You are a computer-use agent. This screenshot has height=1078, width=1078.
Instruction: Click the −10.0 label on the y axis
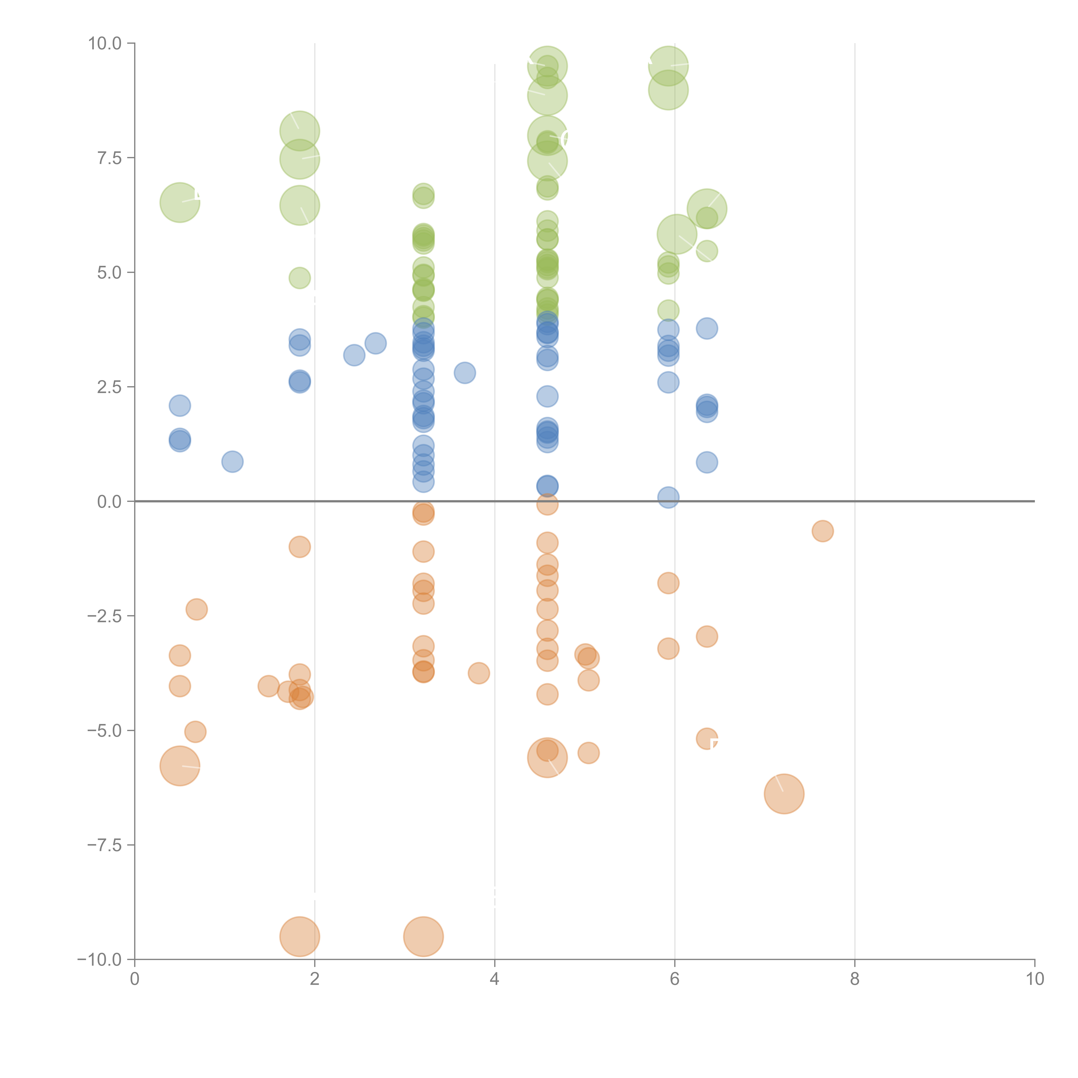click(x=99, y=960)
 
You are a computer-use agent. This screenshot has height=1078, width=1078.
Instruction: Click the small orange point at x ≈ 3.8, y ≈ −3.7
click(x=479, y=673)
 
